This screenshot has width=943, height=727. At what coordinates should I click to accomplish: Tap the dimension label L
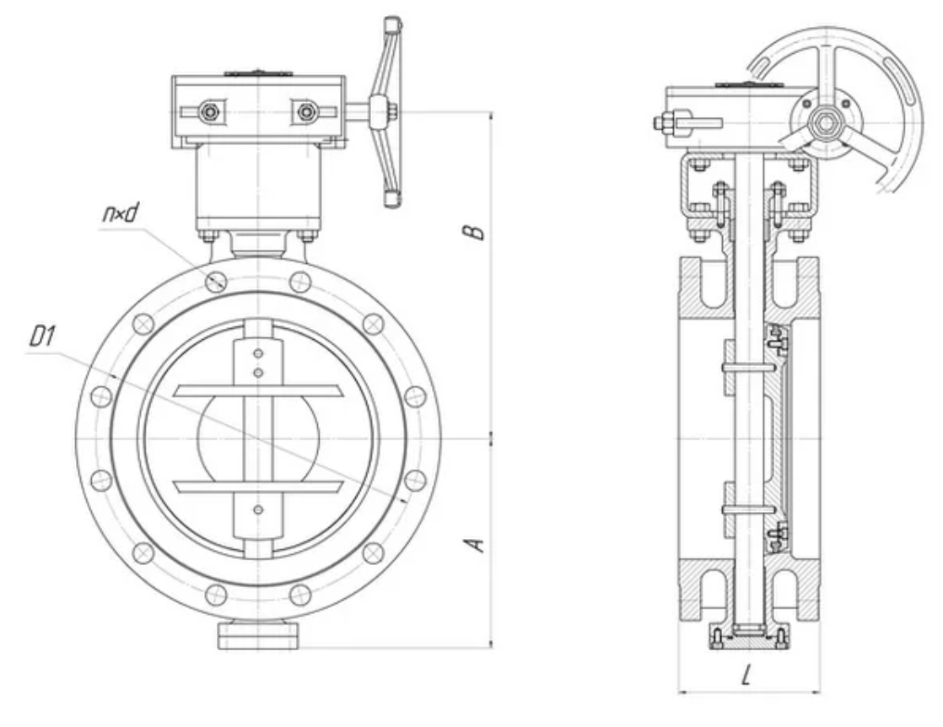pos(747,676)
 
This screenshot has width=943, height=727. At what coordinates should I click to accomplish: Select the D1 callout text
pos(42,339)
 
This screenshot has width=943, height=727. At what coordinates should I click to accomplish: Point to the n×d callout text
pos(118,214)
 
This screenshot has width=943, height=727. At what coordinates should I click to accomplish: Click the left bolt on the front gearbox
pos(208,111)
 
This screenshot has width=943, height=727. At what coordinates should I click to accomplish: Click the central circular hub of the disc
pos(258,438)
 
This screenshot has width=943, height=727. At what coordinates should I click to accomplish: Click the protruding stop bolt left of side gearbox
pos(663,124)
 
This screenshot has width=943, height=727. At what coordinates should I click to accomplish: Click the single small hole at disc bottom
pos(258,508)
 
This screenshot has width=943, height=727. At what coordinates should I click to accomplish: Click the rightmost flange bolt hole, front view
pos(414,396)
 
